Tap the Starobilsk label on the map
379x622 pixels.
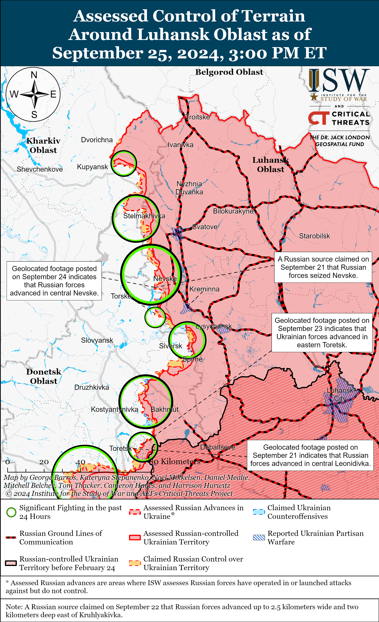[314, 236]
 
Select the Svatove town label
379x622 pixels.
[205, 227]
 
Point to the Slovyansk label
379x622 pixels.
[97, 340]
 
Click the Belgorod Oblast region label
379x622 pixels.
[229, 72]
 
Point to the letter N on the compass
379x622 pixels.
[34, 75]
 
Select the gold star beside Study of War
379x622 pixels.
[314, 97]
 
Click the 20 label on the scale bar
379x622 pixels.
[44, 462]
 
